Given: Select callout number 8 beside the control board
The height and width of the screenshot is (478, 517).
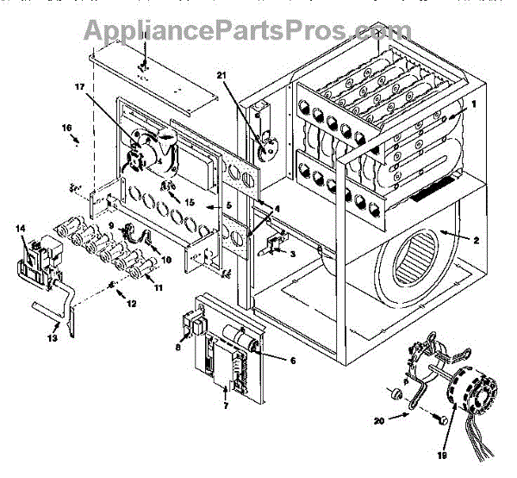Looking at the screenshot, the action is (x=178, y=348).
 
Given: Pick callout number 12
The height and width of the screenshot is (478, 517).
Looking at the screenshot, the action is (x=131, y=304).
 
